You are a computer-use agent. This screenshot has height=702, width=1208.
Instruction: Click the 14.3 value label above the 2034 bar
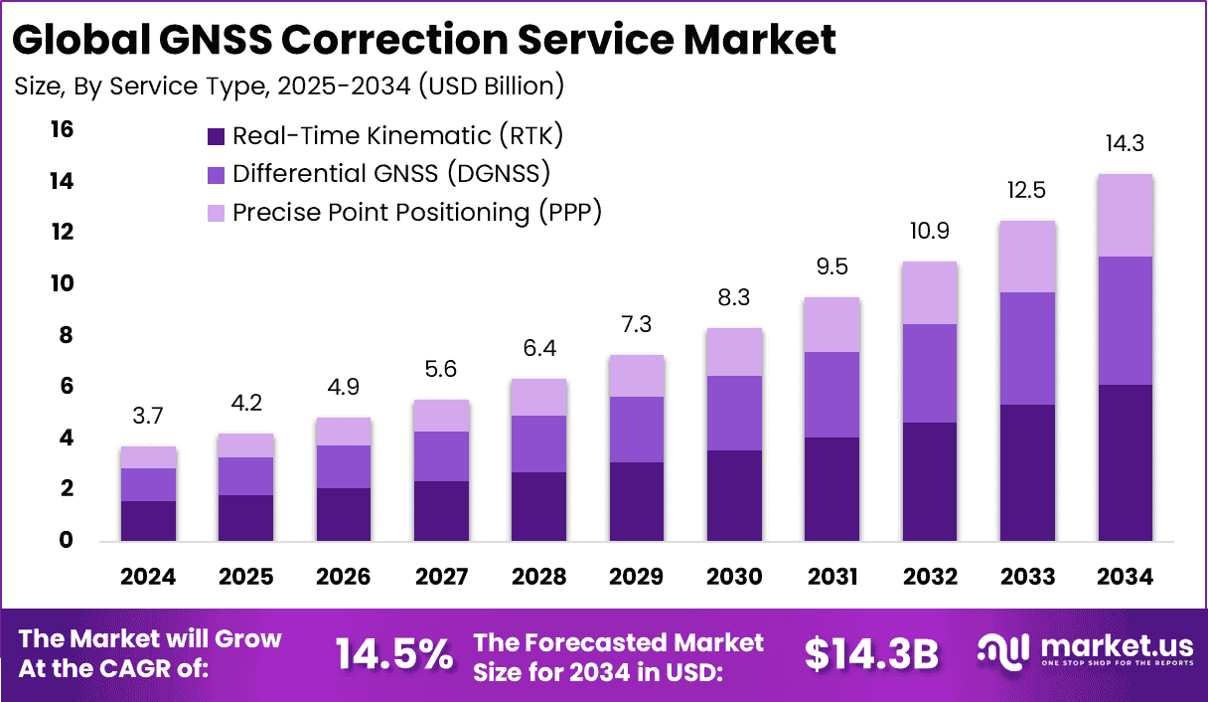1125,143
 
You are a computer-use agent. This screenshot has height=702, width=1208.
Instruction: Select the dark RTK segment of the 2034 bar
1125,462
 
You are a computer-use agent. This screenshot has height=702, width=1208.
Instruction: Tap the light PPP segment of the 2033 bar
1027,257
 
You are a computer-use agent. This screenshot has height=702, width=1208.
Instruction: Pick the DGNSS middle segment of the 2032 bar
930,373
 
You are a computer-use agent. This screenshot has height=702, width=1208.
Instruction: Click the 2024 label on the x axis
149,577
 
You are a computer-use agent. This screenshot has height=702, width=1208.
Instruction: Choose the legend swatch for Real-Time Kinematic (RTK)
216,136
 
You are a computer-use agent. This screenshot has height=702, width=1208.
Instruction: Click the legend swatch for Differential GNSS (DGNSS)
216,174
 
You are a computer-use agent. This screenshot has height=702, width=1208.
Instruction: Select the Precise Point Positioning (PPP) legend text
417,212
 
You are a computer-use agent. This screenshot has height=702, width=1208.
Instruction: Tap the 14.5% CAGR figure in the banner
393,653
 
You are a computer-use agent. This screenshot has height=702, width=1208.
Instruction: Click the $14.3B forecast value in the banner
871,653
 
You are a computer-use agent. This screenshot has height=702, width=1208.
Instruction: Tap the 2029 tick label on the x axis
637,577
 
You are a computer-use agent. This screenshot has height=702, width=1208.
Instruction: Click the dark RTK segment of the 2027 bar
442,511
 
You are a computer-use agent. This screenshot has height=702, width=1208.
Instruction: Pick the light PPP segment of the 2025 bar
246,445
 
